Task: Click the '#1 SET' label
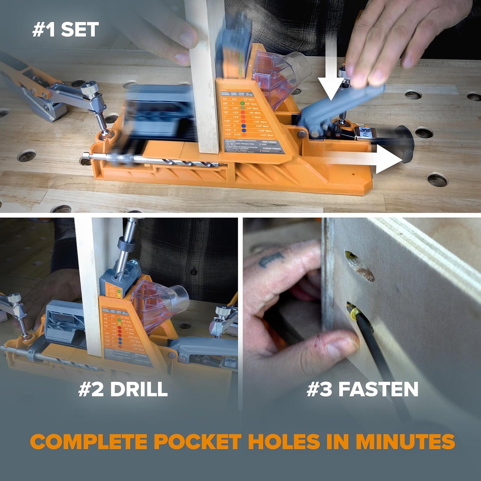point(65,30)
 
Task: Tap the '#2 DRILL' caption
point(123,389)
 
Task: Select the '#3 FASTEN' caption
point(362,389)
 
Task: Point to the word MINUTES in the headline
point(405,442)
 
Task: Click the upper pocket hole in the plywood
point(360,266)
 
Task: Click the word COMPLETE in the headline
point(89,442)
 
